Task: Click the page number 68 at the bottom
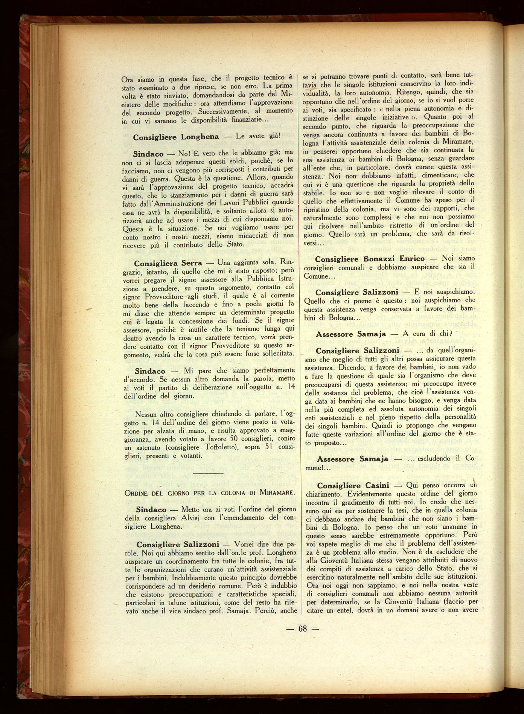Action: coord(302,629)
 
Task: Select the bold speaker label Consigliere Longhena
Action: coord(176,137)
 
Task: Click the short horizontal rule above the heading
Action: coord(208,473)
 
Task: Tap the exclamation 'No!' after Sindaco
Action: coord(182,154)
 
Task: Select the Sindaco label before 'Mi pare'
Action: coord(150,371)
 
